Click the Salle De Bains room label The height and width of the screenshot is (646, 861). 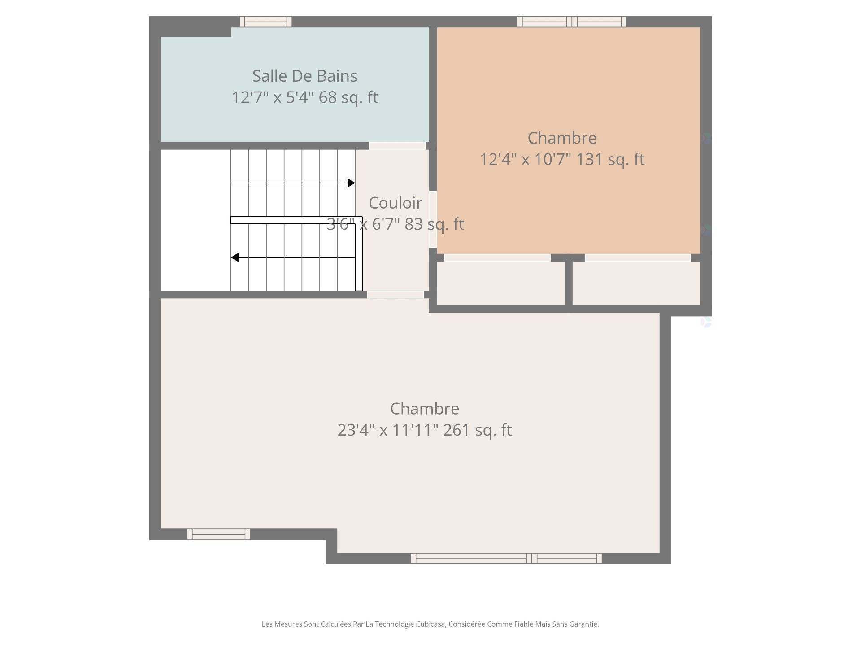pyautogui.click(x=304, y=76)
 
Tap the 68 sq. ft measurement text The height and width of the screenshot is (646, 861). pyautogui.click(x=348, y=97)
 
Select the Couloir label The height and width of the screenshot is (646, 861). pyautogui.click(x=395, y=203)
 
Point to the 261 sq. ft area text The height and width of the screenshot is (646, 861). pyautogui.click(x=477, y=430)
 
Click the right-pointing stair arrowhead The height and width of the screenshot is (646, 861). pyautogui.click(x=351, y=183)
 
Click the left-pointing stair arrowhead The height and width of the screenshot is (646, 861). pyautogui.click(x=235, y=258)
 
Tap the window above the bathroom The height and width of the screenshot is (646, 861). pyautogui.click(x=265, y=22)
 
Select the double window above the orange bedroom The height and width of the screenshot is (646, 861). pyautogui.click(x=572, y=22)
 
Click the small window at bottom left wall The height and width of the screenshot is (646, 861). pyautogui.click(x=218, y=534)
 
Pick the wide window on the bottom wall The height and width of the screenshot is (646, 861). pyautogui.click(x=506, y=559)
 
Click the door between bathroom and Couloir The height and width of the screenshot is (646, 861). pyautogui.click(x=397, y=146)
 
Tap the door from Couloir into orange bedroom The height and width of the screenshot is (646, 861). pyautogui.click(x=433, y=219)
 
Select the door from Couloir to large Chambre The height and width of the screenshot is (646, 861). pyautogui.click(x=395, y=295)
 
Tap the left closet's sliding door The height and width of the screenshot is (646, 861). pyautogui.click(x=497, y=258)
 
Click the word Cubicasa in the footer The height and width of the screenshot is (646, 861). pyautogui.click(x=430, y=624)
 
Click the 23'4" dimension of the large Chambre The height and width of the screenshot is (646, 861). pyautogui.click(x=355, y=430)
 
